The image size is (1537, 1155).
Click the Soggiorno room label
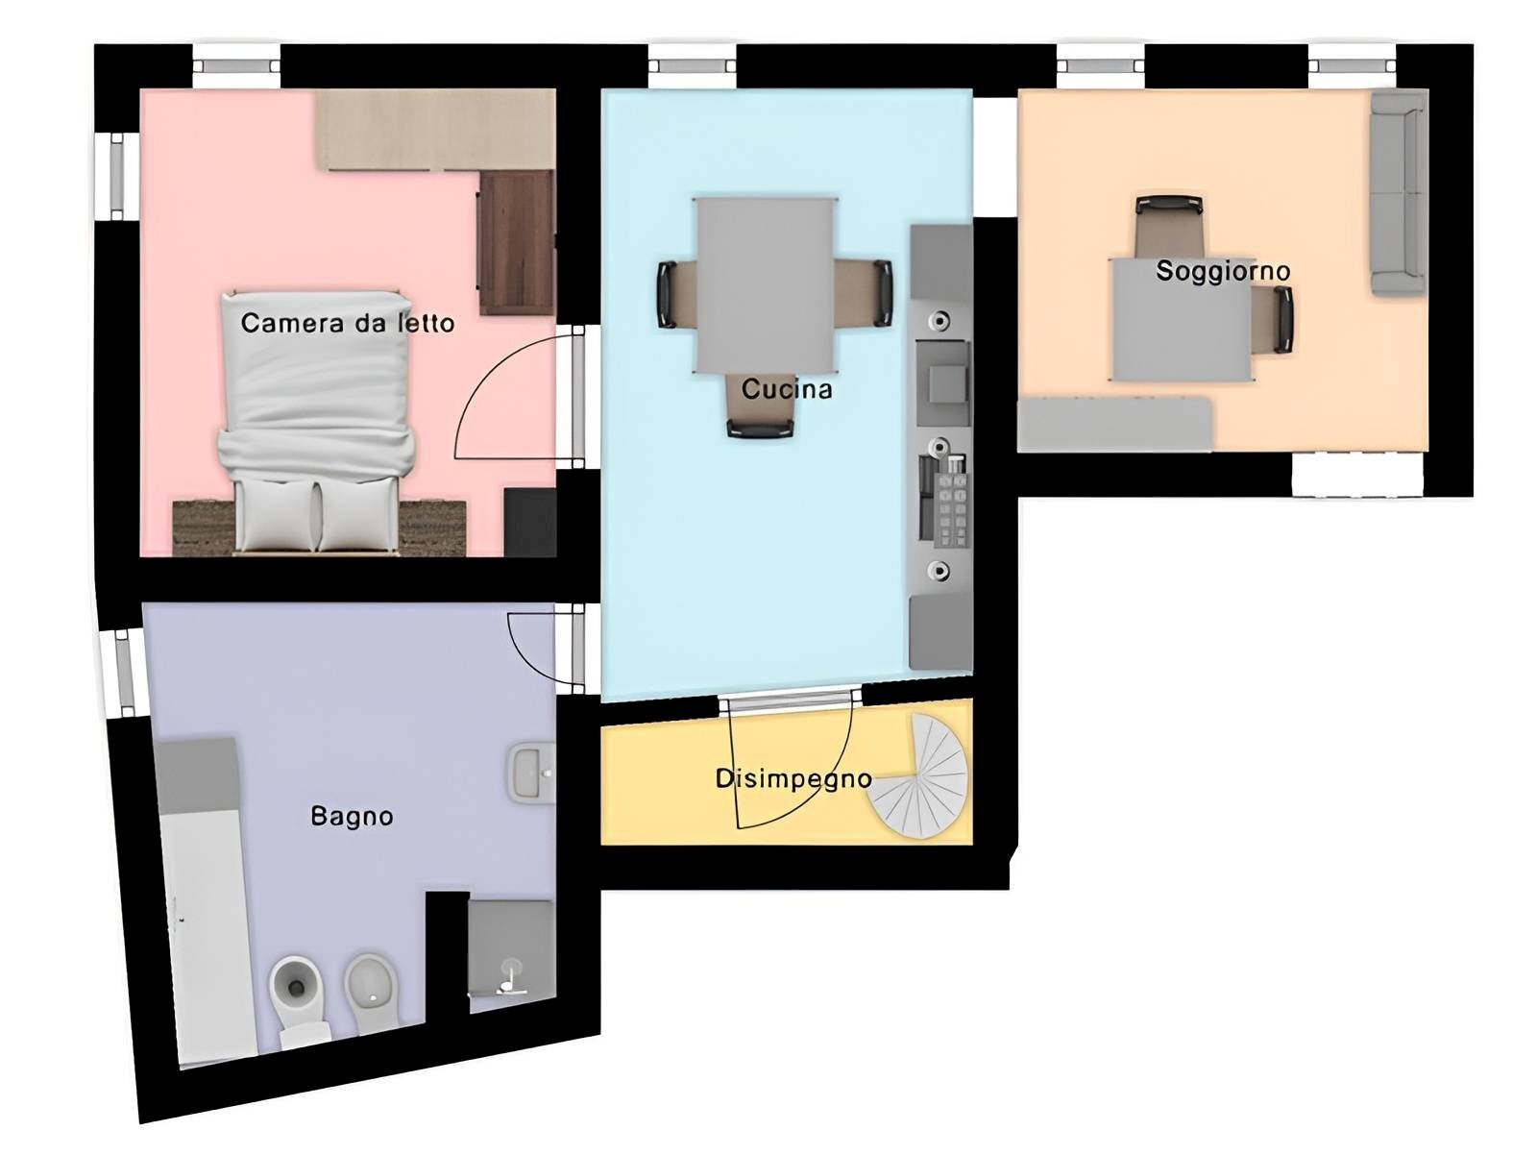[1223, 271]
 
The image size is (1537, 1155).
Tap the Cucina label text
[787, 389]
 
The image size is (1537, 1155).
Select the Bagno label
[352, 817]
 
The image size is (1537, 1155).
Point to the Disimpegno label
[793, 779]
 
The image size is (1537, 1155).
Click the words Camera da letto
[348, 323]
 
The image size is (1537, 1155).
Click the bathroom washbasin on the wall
[532, 773]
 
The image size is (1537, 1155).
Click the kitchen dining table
[766, 285]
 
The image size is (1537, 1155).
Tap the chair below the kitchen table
[761, 408]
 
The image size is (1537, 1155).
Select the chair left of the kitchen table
[675, 294]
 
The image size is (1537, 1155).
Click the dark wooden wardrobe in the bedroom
[517, 242]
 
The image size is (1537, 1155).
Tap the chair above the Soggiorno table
[1169, 227]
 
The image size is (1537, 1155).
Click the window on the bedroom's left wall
[116, 177]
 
